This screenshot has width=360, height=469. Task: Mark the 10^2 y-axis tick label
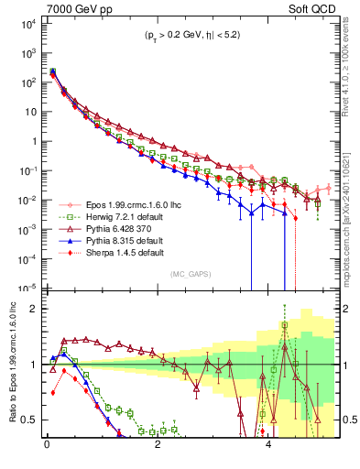pyautogui.click(x=28, y=82)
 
